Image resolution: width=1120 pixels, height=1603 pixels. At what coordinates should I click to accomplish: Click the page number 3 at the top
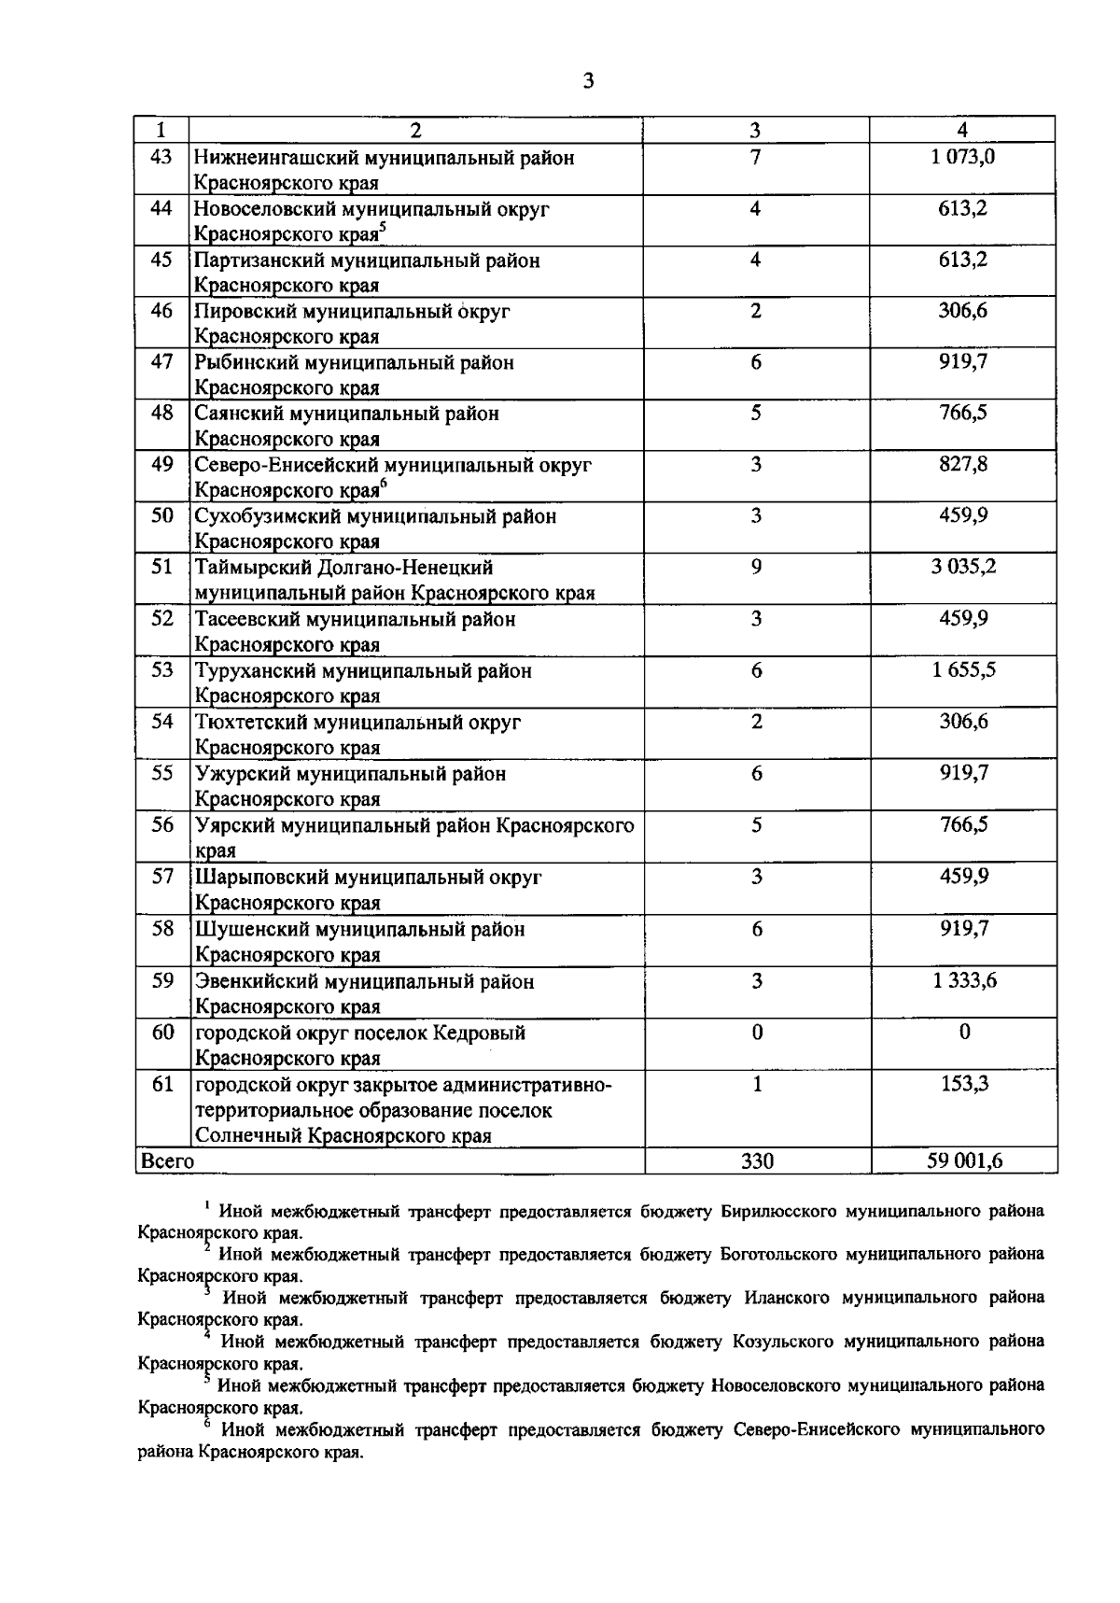[587, 81]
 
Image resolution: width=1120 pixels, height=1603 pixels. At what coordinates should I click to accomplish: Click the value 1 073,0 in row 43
[962, 157]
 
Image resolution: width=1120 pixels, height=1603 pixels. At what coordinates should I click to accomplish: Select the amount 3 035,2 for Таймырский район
[962, 567]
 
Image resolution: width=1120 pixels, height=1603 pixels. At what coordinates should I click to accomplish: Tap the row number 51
[162, 567]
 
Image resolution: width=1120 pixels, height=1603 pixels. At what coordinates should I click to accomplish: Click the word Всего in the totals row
[167, 1160]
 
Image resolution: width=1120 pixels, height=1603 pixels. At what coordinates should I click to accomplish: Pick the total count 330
[757, 1160]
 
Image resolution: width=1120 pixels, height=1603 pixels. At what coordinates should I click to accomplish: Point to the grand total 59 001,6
[964, 1160]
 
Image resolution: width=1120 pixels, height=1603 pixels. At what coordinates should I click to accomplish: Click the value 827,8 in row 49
[962, 464]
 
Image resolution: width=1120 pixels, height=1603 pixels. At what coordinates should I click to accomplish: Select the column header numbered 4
[962, 130]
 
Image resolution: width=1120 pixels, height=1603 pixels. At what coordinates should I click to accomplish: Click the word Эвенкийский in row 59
[256, 981]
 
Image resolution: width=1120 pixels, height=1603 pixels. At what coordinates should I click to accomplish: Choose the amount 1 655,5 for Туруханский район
[962, 670]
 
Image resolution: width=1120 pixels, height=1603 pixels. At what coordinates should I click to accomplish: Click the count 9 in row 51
[756, 567]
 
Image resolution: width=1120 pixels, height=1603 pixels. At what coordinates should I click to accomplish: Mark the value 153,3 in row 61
[964, 1084]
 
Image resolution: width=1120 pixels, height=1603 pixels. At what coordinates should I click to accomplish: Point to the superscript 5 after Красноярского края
[383, 228]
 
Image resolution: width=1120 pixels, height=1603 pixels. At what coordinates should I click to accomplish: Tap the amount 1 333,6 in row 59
[964, 980]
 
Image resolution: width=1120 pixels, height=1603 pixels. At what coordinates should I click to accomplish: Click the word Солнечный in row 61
[248, 1135]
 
